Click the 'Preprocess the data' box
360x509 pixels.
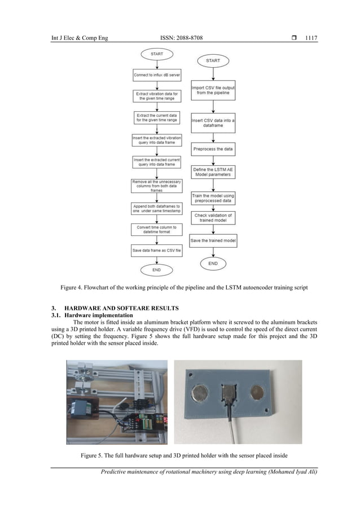(x=213, y=150)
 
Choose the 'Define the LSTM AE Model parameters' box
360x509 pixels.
(x=213, y=172)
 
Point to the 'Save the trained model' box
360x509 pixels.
(x=213, y=241)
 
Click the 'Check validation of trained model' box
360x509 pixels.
(x=213, y=218)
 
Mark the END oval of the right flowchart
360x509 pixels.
(x=213, y=263)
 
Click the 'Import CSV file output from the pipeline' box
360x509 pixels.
(x=213, y=90)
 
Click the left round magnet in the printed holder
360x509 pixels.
(x=200, y=393)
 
